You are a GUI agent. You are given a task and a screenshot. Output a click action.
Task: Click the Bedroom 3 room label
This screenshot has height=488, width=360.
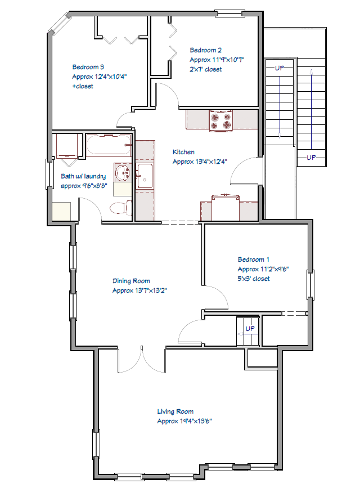pyautogui.click(x=88, y=67)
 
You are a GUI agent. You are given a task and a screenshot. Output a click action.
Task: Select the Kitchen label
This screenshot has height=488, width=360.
pyautogui.click(x=183, y=152)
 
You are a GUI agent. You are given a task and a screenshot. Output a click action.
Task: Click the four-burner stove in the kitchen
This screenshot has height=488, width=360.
pyautogui.click(x=221, y=120)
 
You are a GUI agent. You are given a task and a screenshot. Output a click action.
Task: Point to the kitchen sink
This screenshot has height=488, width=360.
pyautogui.click(x=145, y=176)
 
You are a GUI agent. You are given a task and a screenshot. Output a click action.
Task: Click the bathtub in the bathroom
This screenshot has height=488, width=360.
pyautogui.click(x=108, y=145)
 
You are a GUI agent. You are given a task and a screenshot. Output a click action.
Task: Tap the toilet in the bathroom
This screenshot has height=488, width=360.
pyautogui.click(x=121, y=208)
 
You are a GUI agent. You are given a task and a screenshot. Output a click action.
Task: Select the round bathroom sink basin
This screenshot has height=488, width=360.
pyautogui.click(x=123, y=172)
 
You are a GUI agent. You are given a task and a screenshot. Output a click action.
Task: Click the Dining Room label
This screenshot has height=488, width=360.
pyautogui.click(x=131, y=281)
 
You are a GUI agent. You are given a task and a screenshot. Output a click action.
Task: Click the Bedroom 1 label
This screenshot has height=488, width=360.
pyautogui.click(x=254, y=259)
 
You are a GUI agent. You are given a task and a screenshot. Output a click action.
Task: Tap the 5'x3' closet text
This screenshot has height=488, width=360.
pyautogui.click(x=254, y=279)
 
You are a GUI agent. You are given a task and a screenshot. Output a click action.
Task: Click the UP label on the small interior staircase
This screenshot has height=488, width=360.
pyautogui.click(x=250, y=328)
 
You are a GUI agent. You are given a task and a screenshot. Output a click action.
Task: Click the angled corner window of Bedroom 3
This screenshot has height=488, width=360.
pyautogui.click(x=59, y=23)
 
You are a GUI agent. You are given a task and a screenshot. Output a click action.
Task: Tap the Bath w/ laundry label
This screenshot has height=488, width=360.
pyautogui.click(x=83, y=176)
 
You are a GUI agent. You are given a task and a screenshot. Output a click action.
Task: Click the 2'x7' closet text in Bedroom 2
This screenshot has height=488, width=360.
pyautogui.click(x=206, y=69)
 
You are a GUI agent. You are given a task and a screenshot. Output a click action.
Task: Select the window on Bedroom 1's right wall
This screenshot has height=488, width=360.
pyautogui.click(x=310, y=284)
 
